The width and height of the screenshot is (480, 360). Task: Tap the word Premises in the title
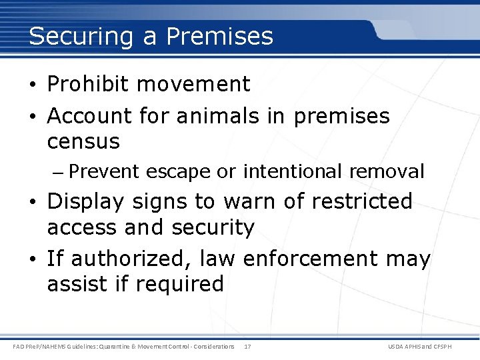click(x=220, y=36)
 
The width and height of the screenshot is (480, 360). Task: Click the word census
click(x=83, y=141)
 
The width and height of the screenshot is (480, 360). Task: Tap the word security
click(x=213, y=228)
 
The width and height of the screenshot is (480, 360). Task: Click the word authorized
click(x=118, y=259)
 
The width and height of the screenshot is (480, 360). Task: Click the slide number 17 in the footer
click(x=247, y=347)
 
